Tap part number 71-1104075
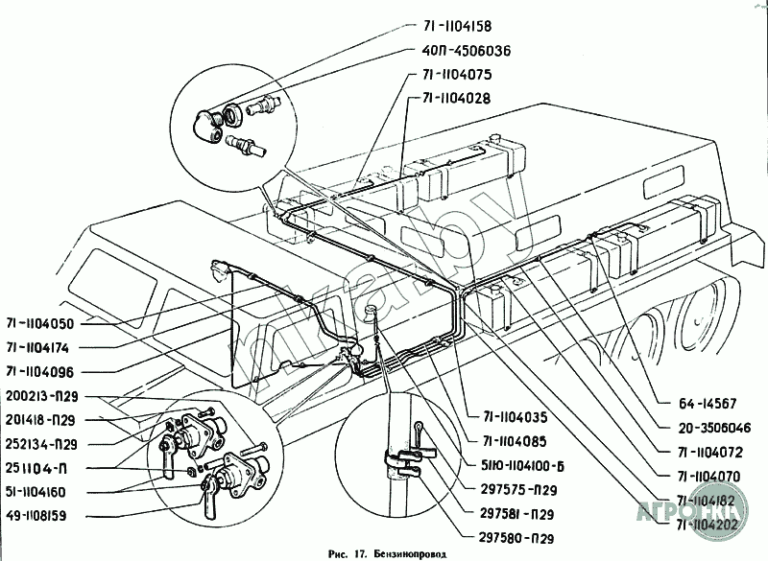tap(451, 75)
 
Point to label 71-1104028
tap(459, 99)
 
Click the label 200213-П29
tap(45, 395)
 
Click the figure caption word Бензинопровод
tap(408, 553)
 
